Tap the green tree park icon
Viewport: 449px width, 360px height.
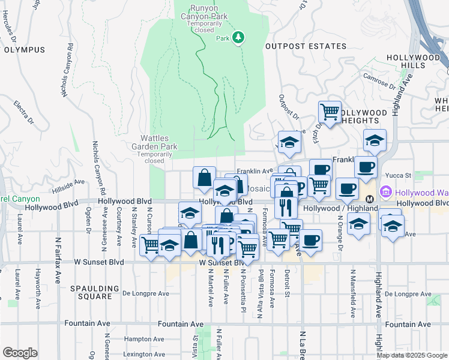click(x=239, y=38)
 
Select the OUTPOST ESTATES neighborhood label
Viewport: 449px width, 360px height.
click(x=306, y=46)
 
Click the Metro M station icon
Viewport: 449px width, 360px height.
click(x=370, y=199)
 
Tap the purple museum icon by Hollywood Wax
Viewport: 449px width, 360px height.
click(x=385, y=193)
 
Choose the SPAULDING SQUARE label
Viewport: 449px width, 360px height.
click(x=91, y=292)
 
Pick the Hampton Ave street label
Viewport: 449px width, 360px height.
click(x=141, y=339)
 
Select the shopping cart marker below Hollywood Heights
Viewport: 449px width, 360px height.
click(x=330, y=112)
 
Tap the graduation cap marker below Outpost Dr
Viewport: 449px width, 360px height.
click(x=289, y=142)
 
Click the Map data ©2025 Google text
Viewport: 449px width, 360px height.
click(x=411, y=355)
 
